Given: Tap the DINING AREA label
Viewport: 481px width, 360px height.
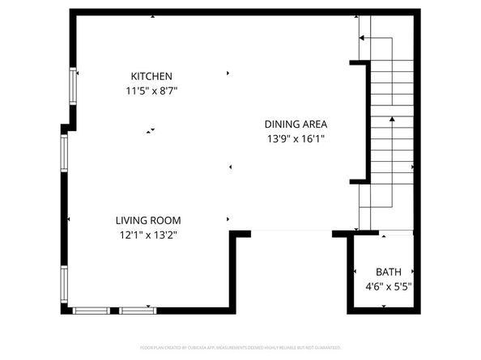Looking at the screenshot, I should (x=296, y=124).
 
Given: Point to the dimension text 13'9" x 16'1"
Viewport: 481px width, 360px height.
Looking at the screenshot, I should (x=296, y=139).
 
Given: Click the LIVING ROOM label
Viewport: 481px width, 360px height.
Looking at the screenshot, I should (x=147, y=220).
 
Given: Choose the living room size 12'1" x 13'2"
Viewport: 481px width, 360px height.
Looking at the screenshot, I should (x=147, y=235).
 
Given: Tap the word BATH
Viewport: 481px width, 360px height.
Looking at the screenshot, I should (x=387, y=272).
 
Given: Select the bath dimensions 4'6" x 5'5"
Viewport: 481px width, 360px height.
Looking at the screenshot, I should (x=387, y=286).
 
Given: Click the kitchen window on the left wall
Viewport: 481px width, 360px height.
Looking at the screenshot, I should (x=73, y=86).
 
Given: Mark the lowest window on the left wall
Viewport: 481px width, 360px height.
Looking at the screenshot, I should (x=64, y=284).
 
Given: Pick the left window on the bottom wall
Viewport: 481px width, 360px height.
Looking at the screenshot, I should (x=96, y=310).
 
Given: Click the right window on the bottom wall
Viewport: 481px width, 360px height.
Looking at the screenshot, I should (x=138, y=310).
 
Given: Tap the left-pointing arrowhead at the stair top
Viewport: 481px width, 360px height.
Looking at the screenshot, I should (x=362, y=38).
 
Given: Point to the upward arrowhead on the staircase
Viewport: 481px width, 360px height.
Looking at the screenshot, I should (x=392, y=120).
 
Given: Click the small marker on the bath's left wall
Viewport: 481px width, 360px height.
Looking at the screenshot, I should (x=355, y=272).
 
